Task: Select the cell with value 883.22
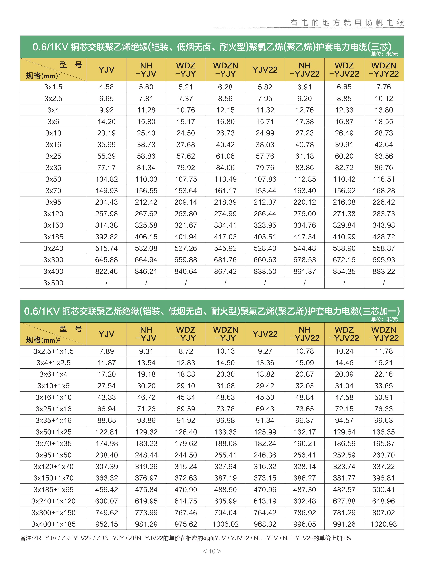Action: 384,271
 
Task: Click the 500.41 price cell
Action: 384,489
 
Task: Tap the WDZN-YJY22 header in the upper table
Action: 384,70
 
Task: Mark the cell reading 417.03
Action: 225,237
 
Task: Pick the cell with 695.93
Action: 384,260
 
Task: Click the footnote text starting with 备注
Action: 185,538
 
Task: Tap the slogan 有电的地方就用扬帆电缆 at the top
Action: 347,23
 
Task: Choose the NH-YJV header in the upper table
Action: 146,70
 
